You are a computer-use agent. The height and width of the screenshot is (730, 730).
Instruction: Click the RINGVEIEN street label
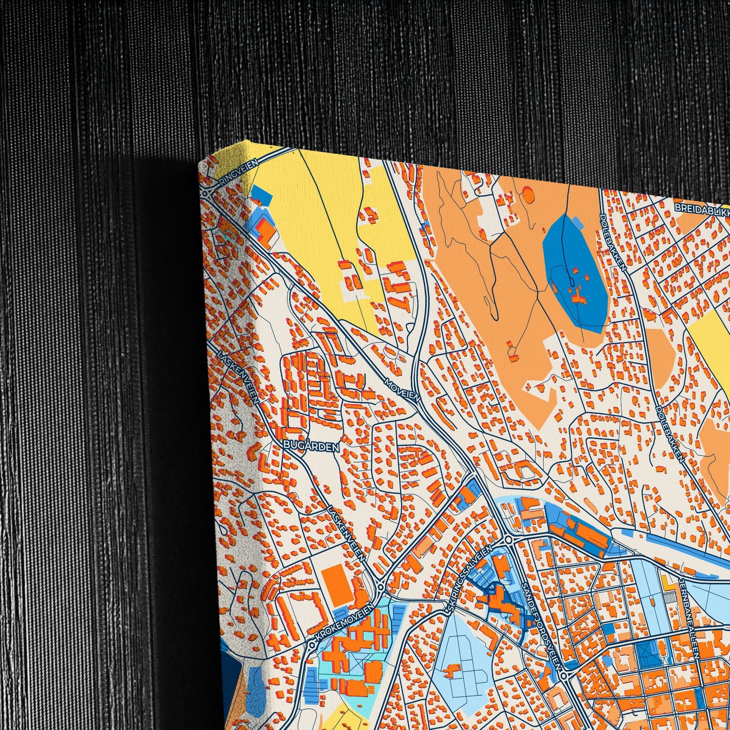coord(237,172)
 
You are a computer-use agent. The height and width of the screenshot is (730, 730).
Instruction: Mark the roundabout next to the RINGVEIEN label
coord(207,192)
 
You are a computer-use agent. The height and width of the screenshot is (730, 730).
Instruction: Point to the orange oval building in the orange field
coord(528,194)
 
